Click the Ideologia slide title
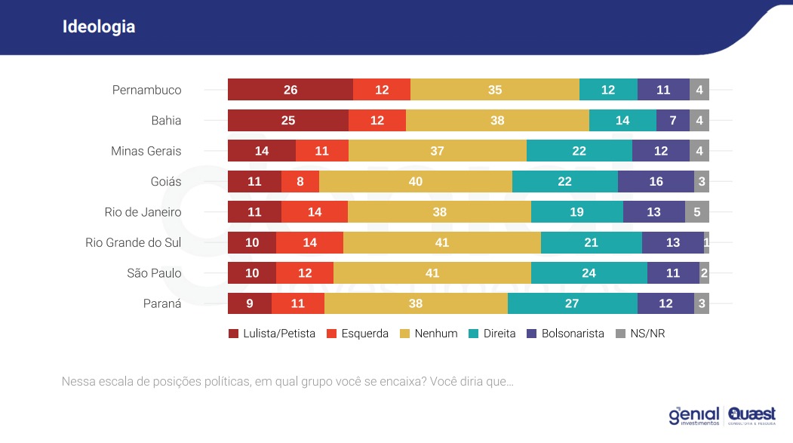click(x=99, y=27)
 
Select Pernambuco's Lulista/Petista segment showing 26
click(x=290, y=90)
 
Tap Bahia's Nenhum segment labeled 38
click(x=497, y=121)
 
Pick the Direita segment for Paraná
click(x=572, y=304)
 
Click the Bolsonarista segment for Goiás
click(x=656, y=182)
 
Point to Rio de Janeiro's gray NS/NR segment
click(x=696, y=212)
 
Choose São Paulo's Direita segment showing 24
click(x=589, y=273)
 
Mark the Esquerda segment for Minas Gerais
click(x=322, y=151)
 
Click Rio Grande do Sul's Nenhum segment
click(x=442, y=243)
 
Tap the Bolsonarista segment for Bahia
click(x=672, y=121)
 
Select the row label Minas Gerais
click(x=146, y=151)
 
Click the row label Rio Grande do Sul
click(x=134, y=243)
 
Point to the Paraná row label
click(x=162, y=304)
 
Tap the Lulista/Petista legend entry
click(x=272, y=334)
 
